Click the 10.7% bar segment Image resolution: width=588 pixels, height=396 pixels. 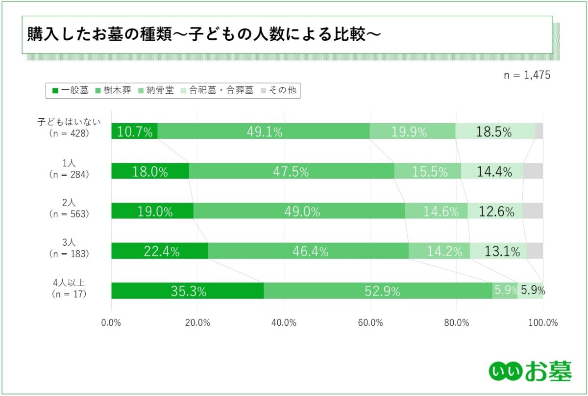pyautogui.click(x=134, y=131)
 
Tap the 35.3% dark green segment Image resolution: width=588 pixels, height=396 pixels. pyautogui.click(x=188, y=290)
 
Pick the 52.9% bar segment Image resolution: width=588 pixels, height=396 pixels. pyautogui.click(x=378, y=290)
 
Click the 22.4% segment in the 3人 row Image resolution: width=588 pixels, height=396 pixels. pyautogui.click(x=160, y=251)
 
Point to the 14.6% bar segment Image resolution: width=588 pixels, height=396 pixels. pyautogui.click(x=436, y=211)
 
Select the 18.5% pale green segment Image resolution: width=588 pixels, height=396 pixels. pyautogui.click(x=495, y=131)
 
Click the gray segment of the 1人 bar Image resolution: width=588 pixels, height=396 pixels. pyautogui.click(x=533, y=171)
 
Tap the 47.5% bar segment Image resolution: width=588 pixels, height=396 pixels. pyautogui.click(x=292, y=171)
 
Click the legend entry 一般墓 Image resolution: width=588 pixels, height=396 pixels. pyautogui.click(x=71, y=90)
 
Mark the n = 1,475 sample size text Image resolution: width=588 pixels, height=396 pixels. pyautogui.click(x=527, y=75)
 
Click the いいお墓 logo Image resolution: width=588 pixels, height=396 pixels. pyautogui.click(x=530, y=371)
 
